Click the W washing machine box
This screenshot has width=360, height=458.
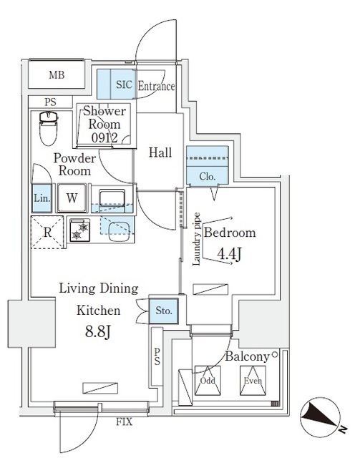click(72, 198)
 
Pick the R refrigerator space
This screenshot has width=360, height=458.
click(47, 231)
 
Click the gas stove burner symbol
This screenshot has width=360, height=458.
click(79, 230)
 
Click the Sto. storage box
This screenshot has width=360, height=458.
click(164, 310)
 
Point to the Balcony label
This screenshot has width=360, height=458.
click(247, 356)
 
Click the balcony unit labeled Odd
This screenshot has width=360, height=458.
click(207, 381)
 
